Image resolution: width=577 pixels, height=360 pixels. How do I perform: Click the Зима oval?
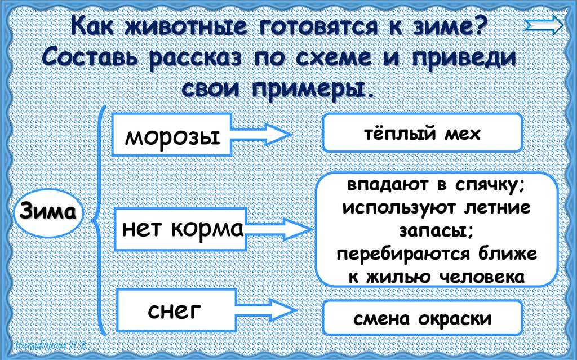coord(48,214)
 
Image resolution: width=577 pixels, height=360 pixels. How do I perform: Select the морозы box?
coord(172,135)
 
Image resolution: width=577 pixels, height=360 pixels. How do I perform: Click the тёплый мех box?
coord(421,134)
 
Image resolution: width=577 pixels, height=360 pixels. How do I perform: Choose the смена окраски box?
coord(422,319)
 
